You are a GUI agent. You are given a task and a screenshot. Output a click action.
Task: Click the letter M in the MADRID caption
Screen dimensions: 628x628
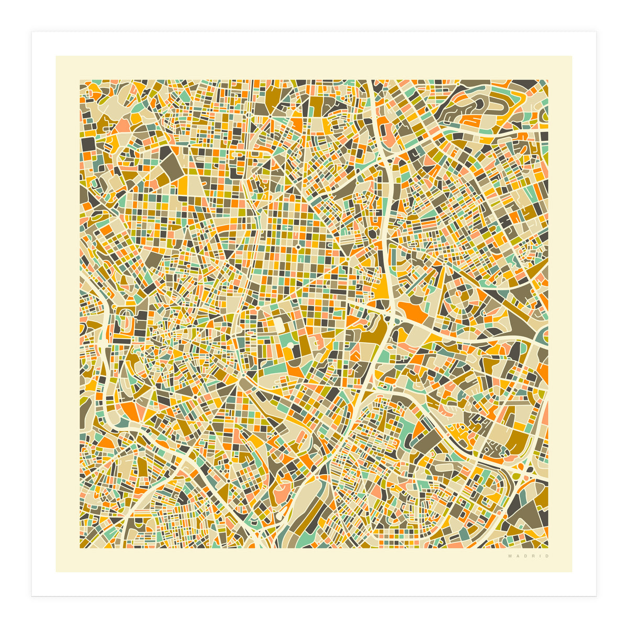click(x=509, y=556)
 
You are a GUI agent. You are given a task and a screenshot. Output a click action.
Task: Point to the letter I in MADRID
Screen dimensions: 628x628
click(x=541, y=556)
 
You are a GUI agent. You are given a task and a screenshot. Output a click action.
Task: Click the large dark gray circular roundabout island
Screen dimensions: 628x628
click(x=372, y=233)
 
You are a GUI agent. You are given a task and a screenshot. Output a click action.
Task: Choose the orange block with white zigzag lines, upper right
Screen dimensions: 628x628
click(x=471, y=120)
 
